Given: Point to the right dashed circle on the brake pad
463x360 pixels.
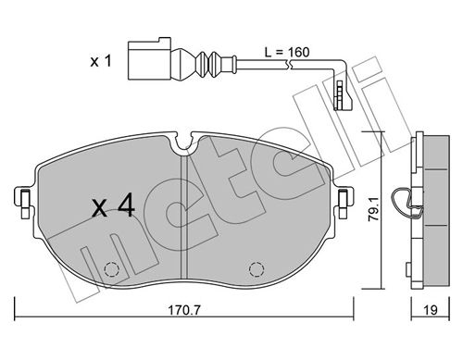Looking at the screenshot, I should coord(255,270).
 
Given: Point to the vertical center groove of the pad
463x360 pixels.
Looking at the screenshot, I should coord(187,213).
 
